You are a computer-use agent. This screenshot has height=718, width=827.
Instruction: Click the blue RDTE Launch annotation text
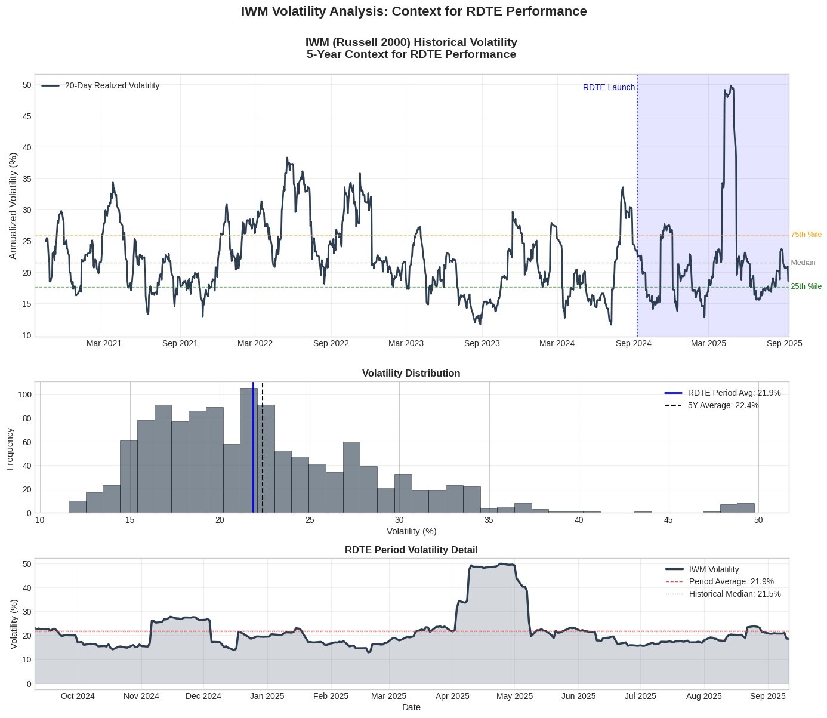click(608, 88)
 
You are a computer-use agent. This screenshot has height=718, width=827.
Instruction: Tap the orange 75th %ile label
click(806, 235)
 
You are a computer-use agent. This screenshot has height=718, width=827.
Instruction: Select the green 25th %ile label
click(806, 287)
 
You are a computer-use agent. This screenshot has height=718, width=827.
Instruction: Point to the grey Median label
click(803, 263)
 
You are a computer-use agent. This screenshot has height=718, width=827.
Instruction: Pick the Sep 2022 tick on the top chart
click(331, 344)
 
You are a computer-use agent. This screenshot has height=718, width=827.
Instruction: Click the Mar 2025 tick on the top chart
click(708, 344)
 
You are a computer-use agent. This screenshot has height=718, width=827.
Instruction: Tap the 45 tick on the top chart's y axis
click(27, 116)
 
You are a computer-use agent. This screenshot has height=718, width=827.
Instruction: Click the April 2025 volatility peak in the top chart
click(731, 87)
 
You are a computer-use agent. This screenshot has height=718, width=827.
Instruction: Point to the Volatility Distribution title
click(411, 374)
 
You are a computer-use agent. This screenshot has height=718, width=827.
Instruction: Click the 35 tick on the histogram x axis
click(489, 520)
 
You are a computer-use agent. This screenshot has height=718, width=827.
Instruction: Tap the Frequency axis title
click(10, 448)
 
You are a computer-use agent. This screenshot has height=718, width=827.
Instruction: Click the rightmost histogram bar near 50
click(745, 508)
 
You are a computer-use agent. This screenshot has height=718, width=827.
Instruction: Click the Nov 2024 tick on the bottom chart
click(141, 697)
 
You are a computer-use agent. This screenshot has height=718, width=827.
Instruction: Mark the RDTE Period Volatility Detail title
click(411, 550)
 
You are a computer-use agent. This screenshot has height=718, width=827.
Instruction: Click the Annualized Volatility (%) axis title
click(13, 205)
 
